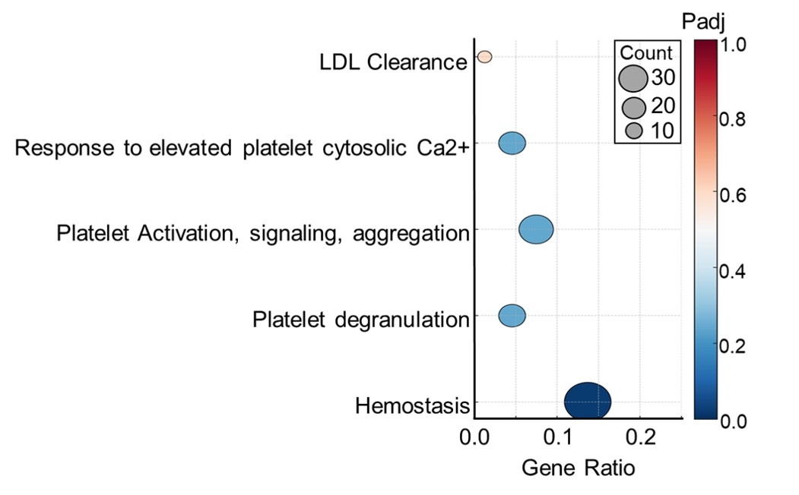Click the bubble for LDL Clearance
pyautogui.click(x=484, y=56)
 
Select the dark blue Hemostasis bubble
pyautogui.click(x=588, y=401)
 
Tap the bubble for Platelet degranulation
pyautogui.click(x=512, y=316)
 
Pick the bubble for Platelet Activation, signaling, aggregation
pyautogui.click(x=536, y=229)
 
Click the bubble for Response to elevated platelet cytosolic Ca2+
pyautogui.click(x=512, y=143)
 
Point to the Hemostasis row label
pyautogui.click(x=412, y=406)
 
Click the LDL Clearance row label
pyautogui.click(x=393, y=62)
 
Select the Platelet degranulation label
pyautogui.click(x=361, y=320)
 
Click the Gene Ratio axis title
pyautogui.click(x=579, y=468)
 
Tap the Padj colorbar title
pyautogui.click(x=703, y=22)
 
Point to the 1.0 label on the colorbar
pyautogui.click(x=732, y=44)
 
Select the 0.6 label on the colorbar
pyautogui.click(x=732, y=195)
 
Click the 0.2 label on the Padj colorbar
pyautogui.click(x=732, y=346)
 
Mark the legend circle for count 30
pyautogui.click(x=633, y=78)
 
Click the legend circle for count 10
pyautogui.click(x=634, y=131)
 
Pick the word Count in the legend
pyautogui.click(x=646, y=53)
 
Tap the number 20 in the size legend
pyautogui.click(x=663, y=106)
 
